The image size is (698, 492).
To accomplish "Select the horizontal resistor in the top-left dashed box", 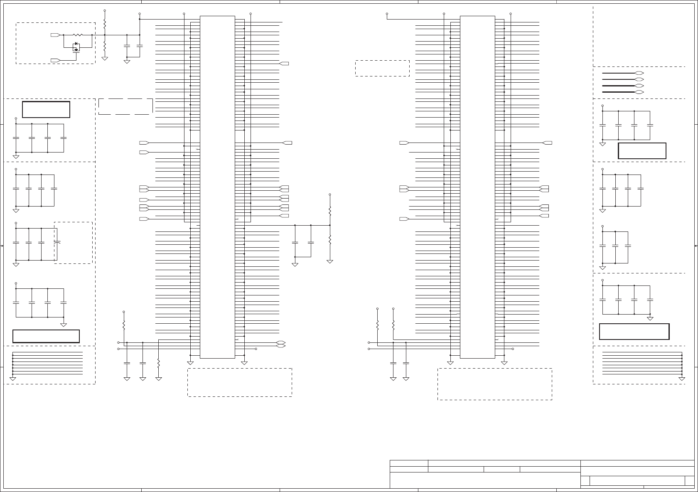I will click(x=78, y=35).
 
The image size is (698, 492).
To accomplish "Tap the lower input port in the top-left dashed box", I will click(x=55, y=60).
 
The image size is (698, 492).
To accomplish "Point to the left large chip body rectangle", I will click(x=217, y=187).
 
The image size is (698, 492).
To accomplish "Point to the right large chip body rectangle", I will click(x=477, y=187).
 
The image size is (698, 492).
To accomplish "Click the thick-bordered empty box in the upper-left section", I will click(x=46, y=109).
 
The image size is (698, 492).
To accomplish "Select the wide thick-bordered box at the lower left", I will click(x=46, y=336).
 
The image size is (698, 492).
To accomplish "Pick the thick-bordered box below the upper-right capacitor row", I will click(x=642, y=151).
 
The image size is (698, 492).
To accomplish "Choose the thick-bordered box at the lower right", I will click(x=634, y=332).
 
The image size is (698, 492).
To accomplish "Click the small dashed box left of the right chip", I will click(x=382, y=68).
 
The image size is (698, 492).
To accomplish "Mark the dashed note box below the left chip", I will click(x=239, y=382).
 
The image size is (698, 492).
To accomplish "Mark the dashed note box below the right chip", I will click(x=494, y=384).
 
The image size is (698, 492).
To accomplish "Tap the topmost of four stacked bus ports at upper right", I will click(x=639, y=73).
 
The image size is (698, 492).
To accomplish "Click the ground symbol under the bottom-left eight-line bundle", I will click(x=13, y=379).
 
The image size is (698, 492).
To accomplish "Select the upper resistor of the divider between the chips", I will click(x=330, y=211).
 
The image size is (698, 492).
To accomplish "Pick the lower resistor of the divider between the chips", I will click(x=330, y=240).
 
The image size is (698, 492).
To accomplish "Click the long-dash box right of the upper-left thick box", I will click(x=125, y=106).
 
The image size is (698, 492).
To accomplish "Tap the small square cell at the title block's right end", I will click(x=689, y=480).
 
